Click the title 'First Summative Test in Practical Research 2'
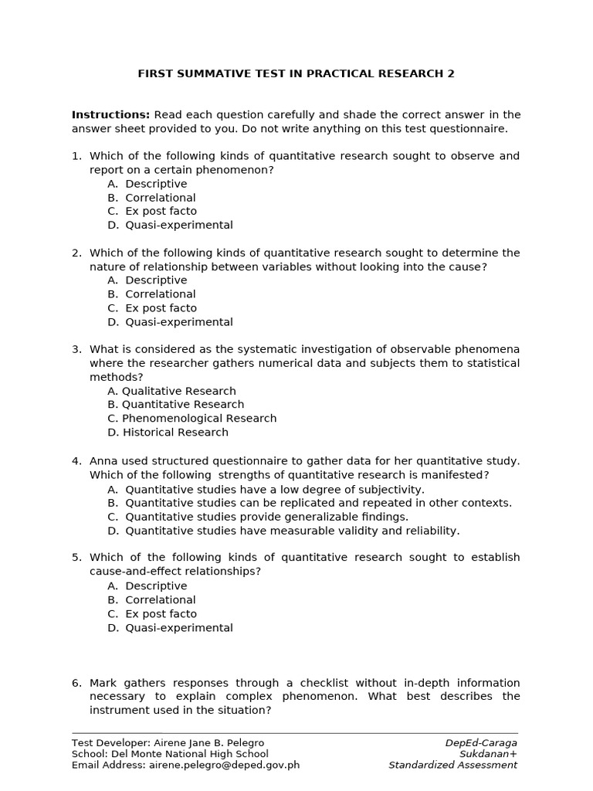click(296, 74)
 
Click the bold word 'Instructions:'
click(110, 115)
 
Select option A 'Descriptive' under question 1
click(156, 184)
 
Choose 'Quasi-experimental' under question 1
click(178, 226)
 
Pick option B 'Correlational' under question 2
click(160, 294)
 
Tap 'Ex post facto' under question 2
click(161, 308)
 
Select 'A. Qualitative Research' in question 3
click(171, 391)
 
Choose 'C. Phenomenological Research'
click(191, 419)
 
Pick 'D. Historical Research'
click(168, 433)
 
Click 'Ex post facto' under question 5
click(161, 614)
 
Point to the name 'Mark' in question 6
click(104, 683)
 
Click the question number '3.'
click(76, 350)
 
